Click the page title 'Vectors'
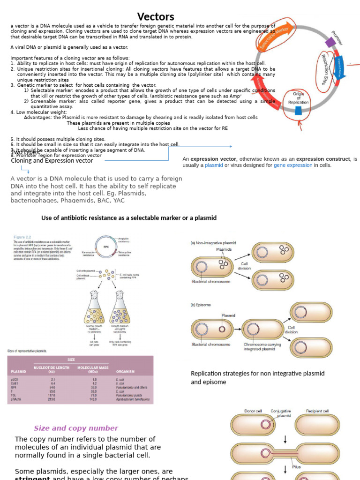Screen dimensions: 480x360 [156, 17]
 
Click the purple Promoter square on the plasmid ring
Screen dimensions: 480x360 [331, 43]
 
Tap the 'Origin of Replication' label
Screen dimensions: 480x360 [299, 99]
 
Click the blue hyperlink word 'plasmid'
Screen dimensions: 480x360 [213, 165]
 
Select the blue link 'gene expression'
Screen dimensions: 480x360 [293, 165]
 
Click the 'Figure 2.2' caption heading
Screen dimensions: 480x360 [23, 238]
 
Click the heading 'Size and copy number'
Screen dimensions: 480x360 [76, 428]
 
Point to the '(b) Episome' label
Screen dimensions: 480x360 [201, 305]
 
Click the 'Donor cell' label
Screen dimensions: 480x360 [253, 411]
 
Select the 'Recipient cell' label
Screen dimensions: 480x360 [317, 411]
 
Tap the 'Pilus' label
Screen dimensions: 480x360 [296, 467]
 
